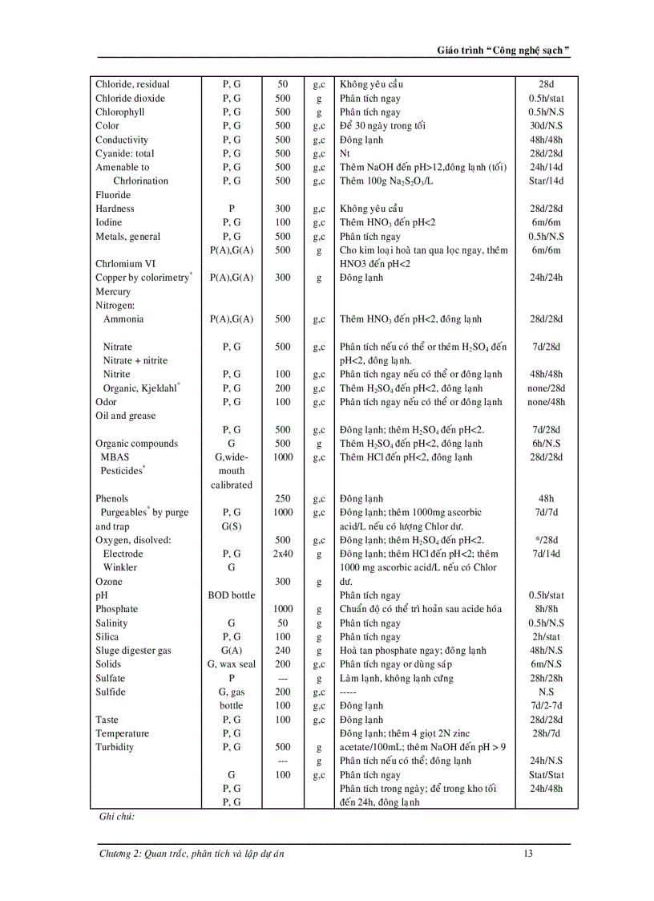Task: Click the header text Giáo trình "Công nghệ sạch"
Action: pyautogui.click(x=503, y=50)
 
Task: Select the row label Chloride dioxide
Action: pyautogui.click(x=130, y=98)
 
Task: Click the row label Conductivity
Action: pyautogui.click(x=122, y=140)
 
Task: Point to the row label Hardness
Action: pyautogui.click(x=115, y=209)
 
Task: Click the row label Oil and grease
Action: pyautogui.click(x=125, y=416)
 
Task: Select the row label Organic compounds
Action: pyautogui.click(x=136, y=444)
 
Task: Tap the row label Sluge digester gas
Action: pyautogui.click(x=133, y=651)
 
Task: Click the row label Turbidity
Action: pyautogui.click(x=115, y=747)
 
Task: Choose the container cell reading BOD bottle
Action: pyautogui.click(x=231, y=595)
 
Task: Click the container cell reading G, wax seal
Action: pyautogui.click(x=231, y=664)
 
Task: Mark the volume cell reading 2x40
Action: pyautogui.click(x=283, y=554)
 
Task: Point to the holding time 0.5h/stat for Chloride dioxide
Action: pyautogui.click(x=546, y=98)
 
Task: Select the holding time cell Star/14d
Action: pyautogui.click(x=546, y=181)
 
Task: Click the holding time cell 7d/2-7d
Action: pyautogui.click(x=546, y=706)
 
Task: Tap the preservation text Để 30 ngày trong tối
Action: pyautogui.click(x=382, y=126)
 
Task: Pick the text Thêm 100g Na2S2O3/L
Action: pyautogui.click(x=388, y=181)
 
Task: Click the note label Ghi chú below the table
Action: pyautogui.click(x=116, y=816)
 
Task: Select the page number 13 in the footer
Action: pyautogui.click(x=527, y=854)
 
